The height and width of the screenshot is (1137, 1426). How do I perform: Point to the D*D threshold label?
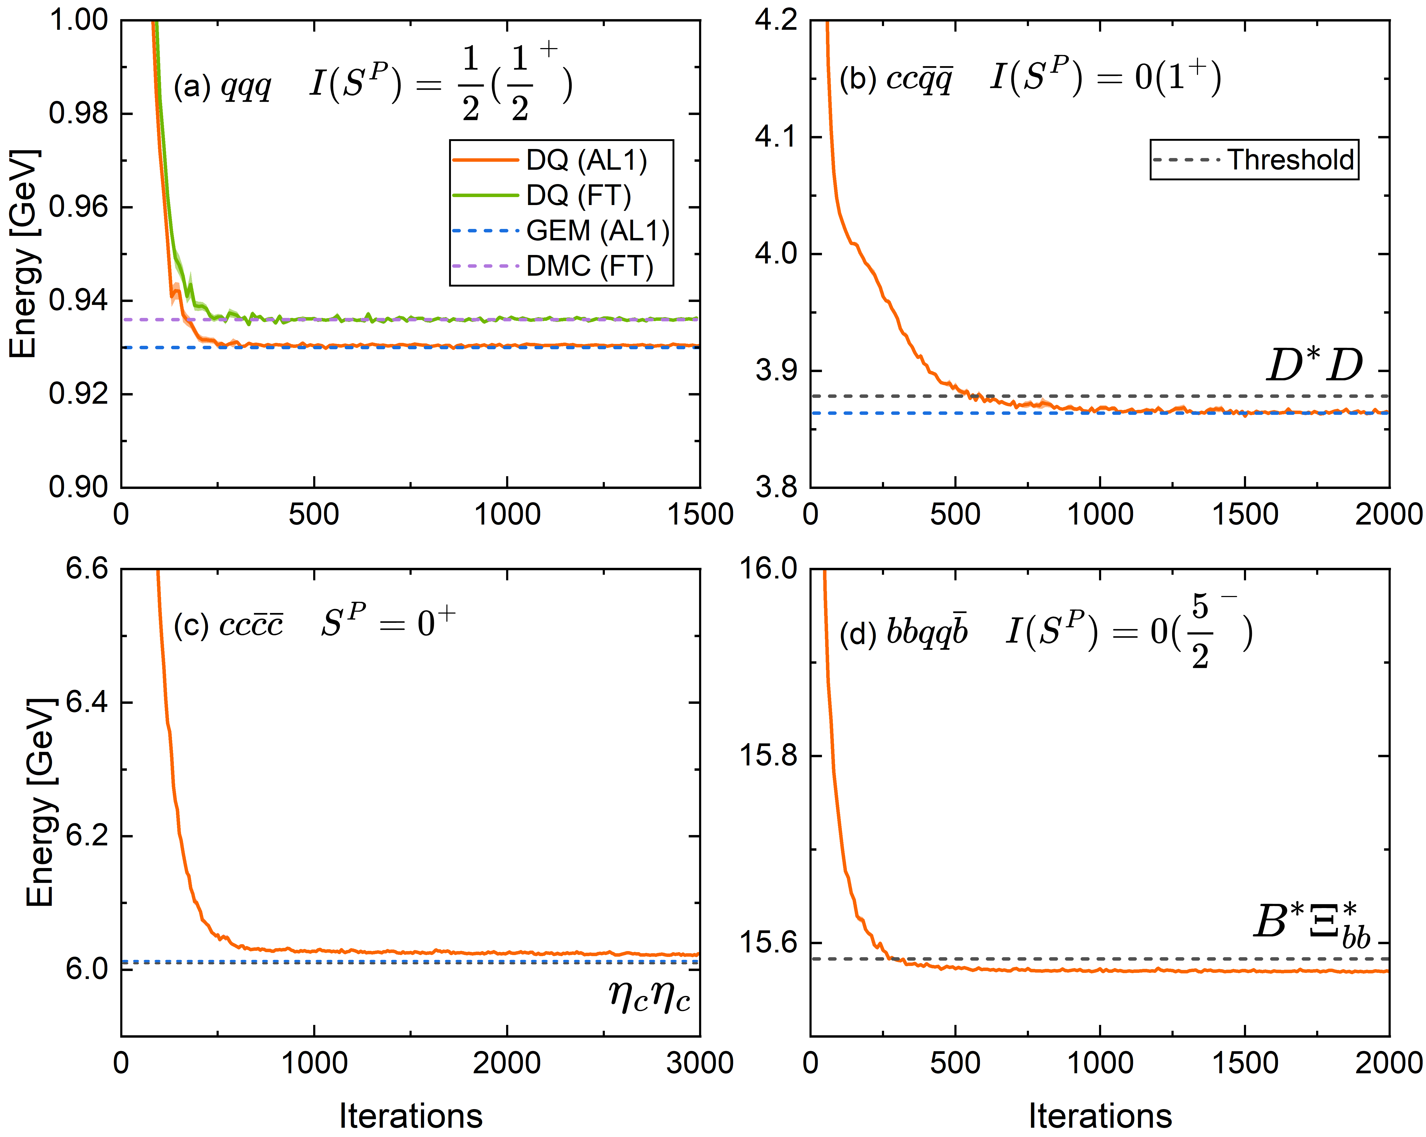1314,365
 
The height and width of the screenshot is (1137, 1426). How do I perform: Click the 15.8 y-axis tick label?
767,756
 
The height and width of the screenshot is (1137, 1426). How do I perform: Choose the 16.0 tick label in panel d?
767,568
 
